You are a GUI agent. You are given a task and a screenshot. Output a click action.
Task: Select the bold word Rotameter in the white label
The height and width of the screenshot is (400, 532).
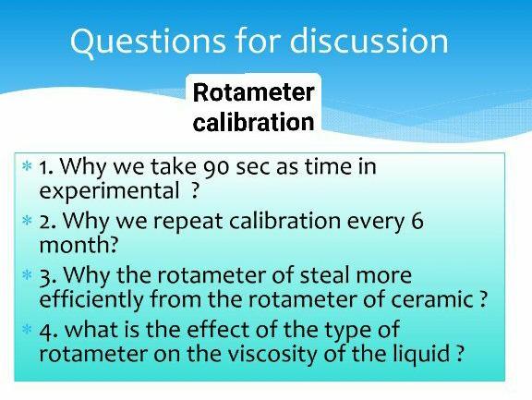(x=253, y=92)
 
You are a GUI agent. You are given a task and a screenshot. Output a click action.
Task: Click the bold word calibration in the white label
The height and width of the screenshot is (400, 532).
(x=253, y=122)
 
